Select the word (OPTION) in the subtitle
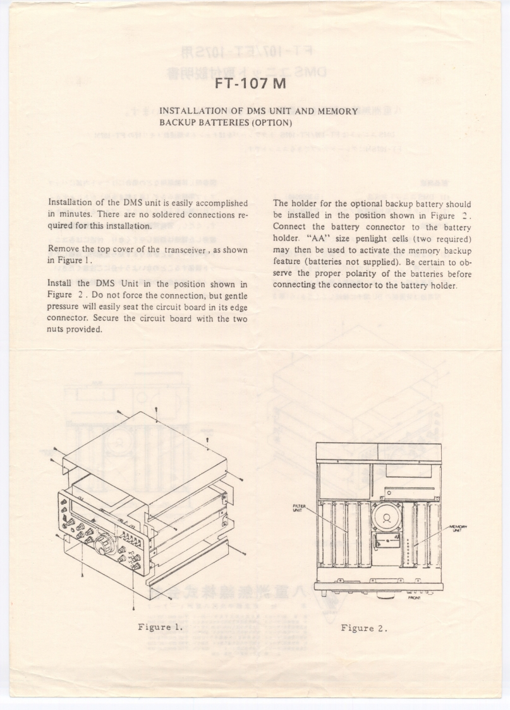click(x=271, y=122)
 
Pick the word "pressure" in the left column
click(x=63, y=307)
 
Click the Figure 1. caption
click(x=161, y=627)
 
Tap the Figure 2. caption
click(x=363, y=628)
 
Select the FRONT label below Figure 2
click(x=415, y=597)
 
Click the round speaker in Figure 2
click(x=386, y=516)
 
